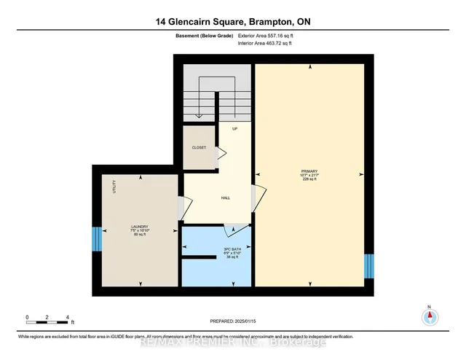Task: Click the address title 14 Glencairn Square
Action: coord(232,22)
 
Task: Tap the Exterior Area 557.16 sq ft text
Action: coord(268,34)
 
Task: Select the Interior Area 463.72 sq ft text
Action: coord(267,43)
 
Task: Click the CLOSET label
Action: coord(199,147)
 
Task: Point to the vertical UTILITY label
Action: coord(114,187)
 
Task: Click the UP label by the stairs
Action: coord(234,128)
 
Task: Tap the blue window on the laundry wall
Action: coord(96,238)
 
